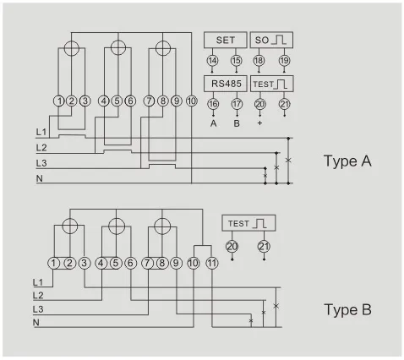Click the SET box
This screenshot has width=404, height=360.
pos(225,41)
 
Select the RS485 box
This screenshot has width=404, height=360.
pos(225,84)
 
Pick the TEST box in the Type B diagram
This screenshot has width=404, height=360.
pos(250,223)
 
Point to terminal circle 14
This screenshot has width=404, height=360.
pos(212,61)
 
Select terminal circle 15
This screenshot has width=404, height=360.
pos(236,61)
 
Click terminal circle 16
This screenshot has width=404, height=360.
pos(212,104)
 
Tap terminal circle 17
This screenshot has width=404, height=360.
pos(236,104)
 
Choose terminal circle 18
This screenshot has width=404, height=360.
pos(260,61)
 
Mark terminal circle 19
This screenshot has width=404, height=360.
pos(284,61)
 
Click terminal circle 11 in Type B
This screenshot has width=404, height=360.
pos(212,263)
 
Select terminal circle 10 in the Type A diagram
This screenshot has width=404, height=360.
pos(192,101)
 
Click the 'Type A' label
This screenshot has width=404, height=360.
pos(347,161)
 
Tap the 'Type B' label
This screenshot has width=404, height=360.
pos(347,310)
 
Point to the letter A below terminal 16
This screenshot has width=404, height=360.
pos(212,123)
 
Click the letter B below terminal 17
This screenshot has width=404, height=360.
pos(236,123)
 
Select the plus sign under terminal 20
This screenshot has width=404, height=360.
pos(260,123)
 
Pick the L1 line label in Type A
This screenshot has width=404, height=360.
pos(41,134)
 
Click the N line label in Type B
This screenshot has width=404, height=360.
pos(37,323)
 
